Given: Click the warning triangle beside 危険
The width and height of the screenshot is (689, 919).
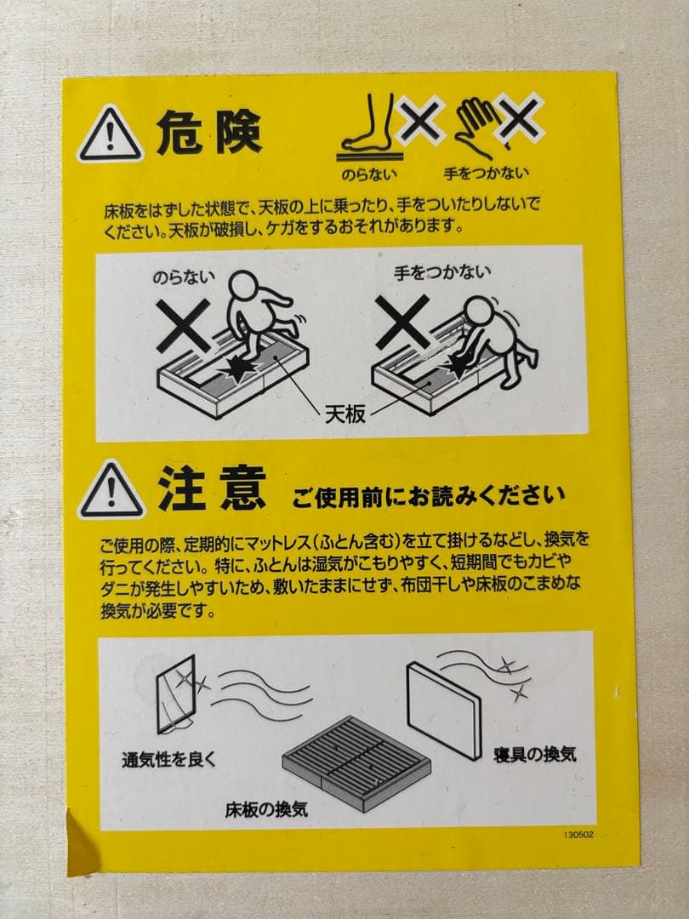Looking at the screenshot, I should point(110,135).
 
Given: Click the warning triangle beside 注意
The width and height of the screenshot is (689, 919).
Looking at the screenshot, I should point(111,491).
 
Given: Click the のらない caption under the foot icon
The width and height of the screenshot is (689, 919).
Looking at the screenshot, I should point(367,173).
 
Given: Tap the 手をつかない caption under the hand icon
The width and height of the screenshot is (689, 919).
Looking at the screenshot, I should point(486,173).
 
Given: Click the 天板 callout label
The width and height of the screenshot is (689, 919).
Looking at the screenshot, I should point(345,414).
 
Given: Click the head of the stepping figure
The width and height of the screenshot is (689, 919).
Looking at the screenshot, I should point(245,285).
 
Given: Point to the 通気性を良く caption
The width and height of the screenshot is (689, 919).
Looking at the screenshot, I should point(168,759).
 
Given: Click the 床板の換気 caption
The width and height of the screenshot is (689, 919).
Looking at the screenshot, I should point(266,809).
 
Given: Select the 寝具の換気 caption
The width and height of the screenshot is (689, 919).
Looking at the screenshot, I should point(535,753).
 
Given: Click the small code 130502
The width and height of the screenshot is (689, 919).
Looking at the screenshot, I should point(578,836).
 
